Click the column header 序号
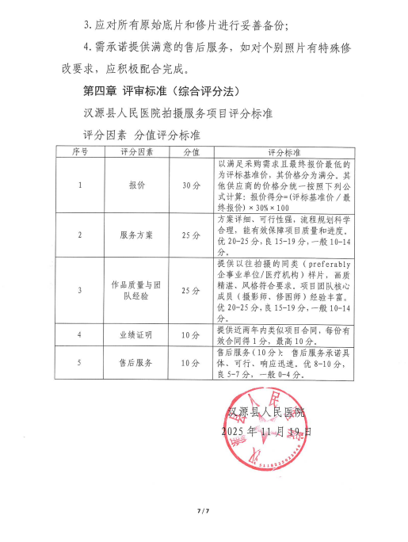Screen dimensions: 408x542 (81, 150)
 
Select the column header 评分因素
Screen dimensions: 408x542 (136, 150)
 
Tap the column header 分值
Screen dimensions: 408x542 (191, 150)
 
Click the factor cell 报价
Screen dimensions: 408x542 (136, 185)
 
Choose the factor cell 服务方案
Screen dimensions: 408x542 (136, 235)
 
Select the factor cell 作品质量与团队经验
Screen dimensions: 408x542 (136, 290)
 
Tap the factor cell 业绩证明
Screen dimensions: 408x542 (136, 335)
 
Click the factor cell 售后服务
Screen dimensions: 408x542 (136, 363)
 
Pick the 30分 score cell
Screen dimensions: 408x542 (191, 185)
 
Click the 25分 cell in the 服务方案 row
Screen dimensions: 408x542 (191, 235)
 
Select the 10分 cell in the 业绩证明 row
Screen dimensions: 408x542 (191, 335)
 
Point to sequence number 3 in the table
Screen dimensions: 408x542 (81, 290)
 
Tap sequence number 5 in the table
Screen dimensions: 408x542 (81, 363)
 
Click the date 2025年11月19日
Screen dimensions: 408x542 (266, 432)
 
